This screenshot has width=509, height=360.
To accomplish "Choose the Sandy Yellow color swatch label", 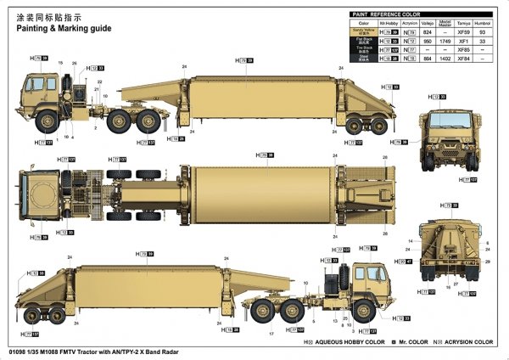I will pyautogui.click(x=363, y=31).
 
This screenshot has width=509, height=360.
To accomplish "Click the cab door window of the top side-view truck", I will pyautogui.click(x=37, y=86).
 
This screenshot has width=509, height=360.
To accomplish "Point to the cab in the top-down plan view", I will pyautogui.click(x=37, y=183).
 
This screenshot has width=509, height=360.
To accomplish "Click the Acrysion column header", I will pyautogui.click(x=409, y=22).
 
